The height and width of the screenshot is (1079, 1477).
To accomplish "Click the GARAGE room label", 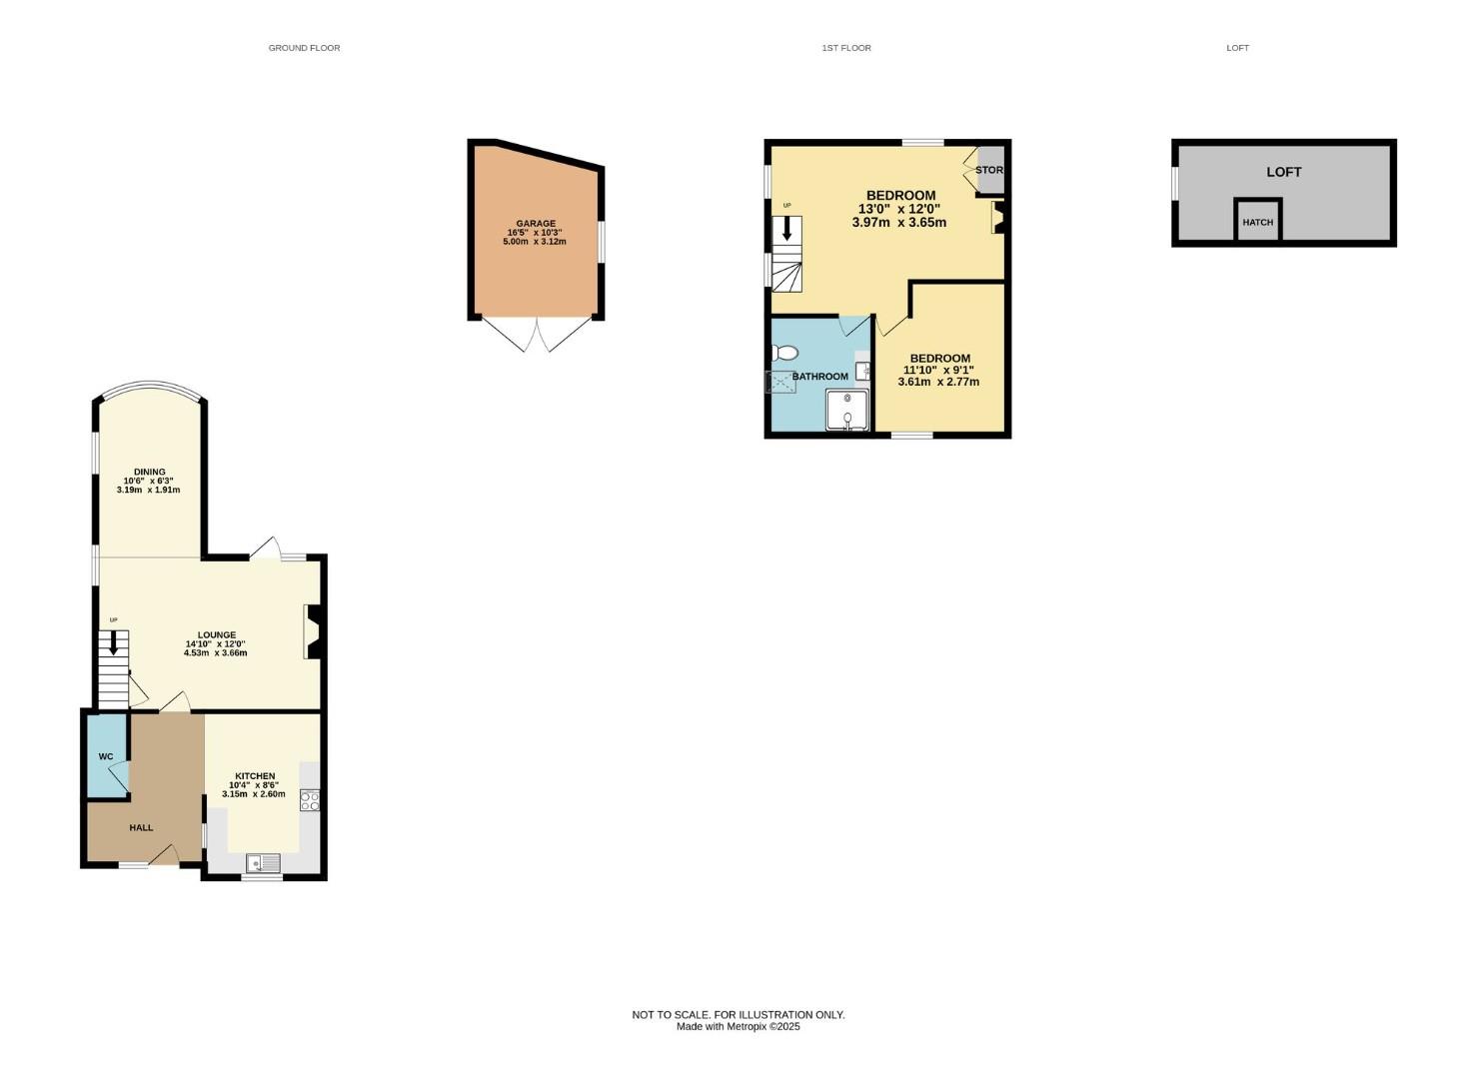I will click(x=536, y=224).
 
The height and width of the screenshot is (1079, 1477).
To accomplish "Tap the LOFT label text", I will click(x=1283, y=172).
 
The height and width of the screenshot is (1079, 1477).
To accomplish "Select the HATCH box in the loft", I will click(x=1257, y=221).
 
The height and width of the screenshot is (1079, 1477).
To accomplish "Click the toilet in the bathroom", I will click(x=784, y=353).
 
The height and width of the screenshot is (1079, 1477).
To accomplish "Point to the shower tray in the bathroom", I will click(x=846, y=411).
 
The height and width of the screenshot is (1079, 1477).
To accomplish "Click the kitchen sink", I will click(x=264, y=863).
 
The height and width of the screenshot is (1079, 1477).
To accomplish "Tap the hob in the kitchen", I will click(x=310, y=800).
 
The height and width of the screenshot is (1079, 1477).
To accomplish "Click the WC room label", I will click(x=106, y=756).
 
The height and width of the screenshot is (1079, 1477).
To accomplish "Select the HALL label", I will click(x=141, y=827).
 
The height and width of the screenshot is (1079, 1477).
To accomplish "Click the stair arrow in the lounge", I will click(x=113, y=642).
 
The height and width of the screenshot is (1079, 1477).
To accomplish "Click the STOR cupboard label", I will click(x=988, y=170).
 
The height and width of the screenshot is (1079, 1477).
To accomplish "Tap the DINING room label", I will click(x=150, y=472).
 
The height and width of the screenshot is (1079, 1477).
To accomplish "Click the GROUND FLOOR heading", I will click(x=304, y=48).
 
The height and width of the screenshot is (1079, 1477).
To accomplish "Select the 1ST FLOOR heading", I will click(x=846, y=48).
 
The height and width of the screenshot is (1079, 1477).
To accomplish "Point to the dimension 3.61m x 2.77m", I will click(x=938, y=382).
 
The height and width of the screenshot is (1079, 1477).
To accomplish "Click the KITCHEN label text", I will click(x=255, y=776).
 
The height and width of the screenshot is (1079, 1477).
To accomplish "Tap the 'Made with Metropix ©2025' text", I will click(x=738, y=1026).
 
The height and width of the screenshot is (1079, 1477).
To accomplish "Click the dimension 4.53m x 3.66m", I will click(x=216, y=653).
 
